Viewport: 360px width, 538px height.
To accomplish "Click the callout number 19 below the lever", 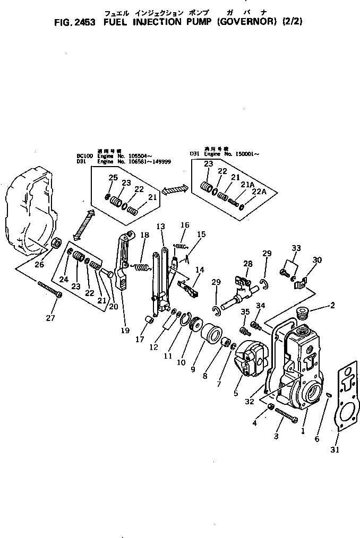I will (x=125, y=331).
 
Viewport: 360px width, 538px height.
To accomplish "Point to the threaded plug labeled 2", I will (x=304, y=313).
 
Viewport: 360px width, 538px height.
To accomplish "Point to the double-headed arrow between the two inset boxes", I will (x=175, y=189).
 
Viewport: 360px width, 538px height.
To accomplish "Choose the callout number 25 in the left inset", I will (x=113, y=177).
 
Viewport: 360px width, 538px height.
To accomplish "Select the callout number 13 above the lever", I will (x=160, y=227).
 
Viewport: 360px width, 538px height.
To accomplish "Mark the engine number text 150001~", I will (x=246, y=154).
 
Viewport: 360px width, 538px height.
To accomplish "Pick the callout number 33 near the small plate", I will (x=296, y=248).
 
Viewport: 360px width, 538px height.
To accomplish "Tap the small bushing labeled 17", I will (x=150, y=322).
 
